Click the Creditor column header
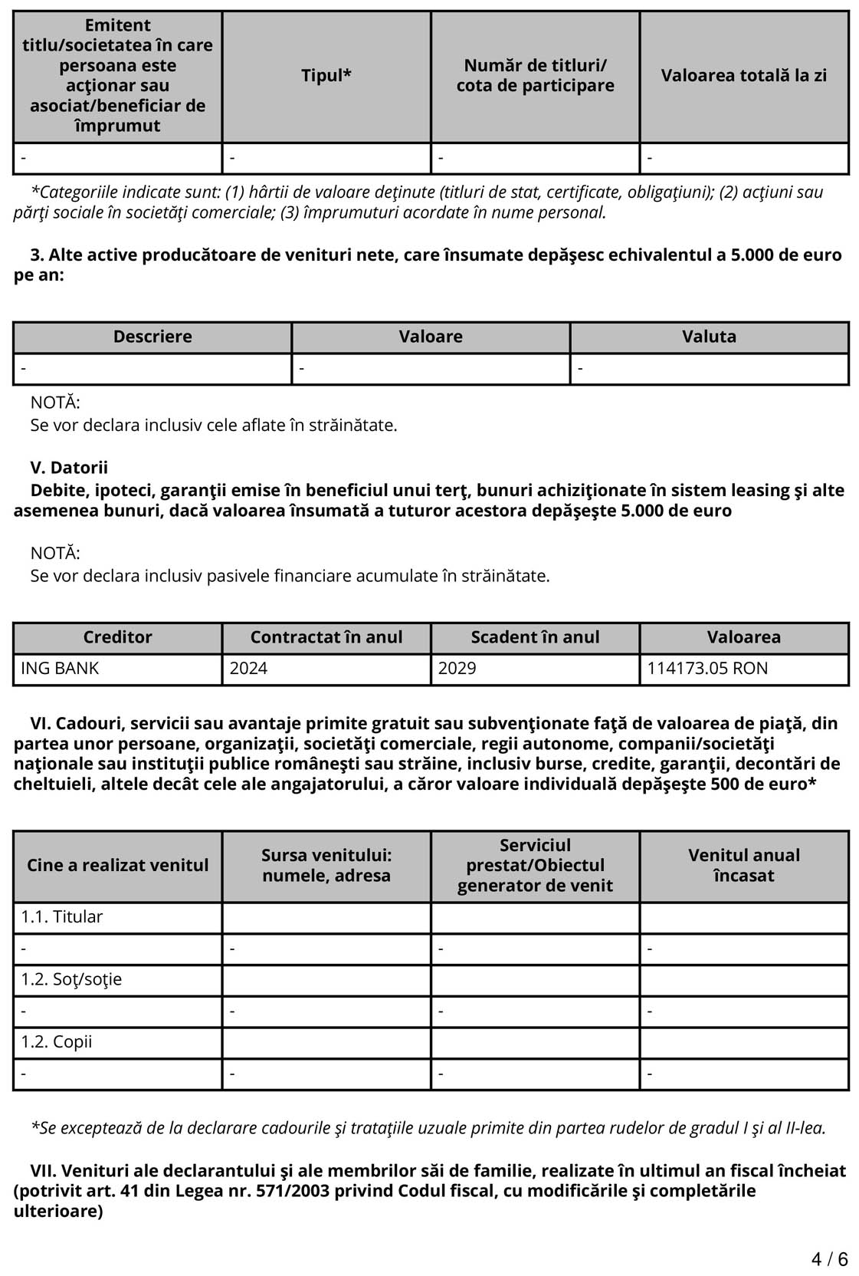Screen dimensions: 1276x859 117,637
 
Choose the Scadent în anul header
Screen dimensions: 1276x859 535,637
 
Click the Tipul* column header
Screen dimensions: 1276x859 326,76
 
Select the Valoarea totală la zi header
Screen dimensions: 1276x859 743,76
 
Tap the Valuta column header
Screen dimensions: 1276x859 709,337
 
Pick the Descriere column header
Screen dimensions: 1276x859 152,337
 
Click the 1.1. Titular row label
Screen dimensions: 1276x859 62,917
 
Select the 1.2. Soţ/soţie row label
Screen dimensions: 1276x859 71,980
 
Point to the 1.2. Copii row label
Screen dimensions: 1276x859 57,1042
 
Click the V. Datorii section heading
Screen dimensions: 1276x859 69,468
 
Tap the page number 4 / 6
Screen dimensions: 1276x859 829,1259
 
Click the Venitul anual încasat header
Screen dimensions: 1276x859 743,866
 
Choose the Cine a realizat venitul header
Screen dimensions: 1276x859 117,866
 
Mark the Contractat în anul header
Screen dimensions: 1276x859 326,637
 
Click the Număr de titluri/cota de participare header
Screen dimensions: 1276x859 535,76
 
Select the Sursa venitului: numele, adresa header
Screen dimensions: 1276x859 326,866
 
